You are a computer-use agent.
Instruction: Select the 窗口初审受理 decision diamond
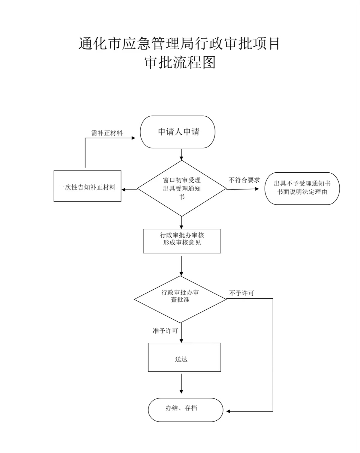pos(181,188)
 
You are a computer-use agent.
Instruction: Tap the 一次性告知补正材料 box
pos(87,186)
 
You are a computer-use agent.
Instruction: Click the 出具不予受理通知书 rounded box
pos(302,188)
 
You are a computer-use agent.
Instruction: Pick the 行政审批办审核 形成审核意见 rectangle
pos(182,241)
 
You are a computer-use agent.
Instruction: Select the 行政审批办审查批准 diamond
pos(180,299)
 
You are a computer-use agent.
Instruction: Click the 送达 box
pos(184,357)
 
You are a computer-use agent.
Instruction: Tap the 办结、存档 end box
pos(185,410)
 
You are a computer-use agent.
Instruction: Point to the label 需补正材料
pos(107,133)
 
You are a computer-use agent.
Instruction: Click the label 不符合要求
pos(244,180)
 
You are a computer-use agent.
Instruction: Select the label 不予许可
pos(241,293)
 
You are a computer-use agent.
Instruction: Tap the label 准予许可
pos(165,331)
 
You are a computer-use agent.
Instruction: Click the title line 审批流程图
pos(180,62)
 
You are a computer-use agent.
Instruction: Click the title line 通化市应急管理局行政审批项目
pos(179,43)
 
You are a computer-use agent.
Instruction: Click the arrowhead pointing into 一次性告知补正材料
pos(124,189)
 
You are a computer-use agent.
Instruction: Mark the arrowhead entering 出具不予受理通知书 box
pos(257,189)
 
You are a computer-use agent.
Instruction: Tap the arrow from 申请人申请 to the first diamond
pos(181,154)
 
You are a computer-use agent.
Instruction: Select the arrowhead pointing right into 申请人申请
pos(133,138)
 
